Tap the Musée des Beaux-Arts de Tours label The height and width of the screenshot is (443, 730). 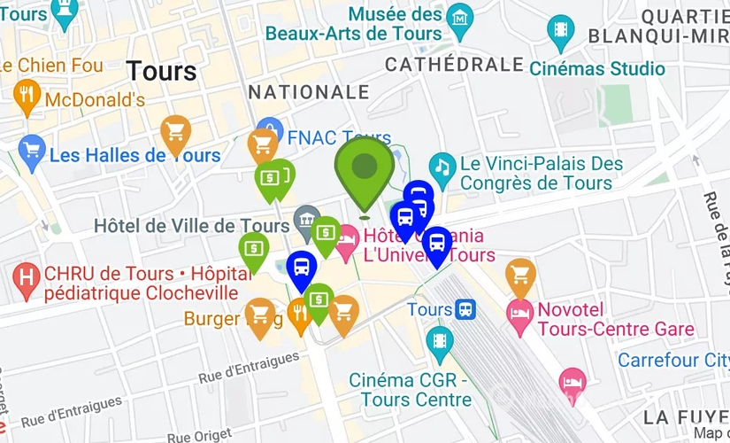tap(395, 24)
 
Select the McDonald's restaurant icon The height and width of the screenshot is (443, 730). tap(28, 95)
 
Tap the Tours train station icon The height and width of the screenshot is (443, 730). tap(465, 309)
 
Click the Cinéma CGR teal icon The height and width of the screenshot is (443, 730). tap(439, 340)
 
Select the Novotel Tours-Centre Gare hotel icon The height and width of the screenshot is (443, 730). tap(519, 311)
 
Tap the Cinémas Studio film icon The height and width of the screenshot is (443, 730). tap(560, 29)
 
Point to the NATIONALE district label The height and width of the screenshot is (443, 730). tap(309, 92)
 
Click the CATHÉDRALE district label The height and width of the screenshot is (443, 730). tap(455, 65)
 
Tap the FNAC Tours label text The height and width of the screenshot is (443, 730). tap(327, 138)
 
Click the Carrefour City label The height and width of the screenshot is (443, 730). tap(673, 361)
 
